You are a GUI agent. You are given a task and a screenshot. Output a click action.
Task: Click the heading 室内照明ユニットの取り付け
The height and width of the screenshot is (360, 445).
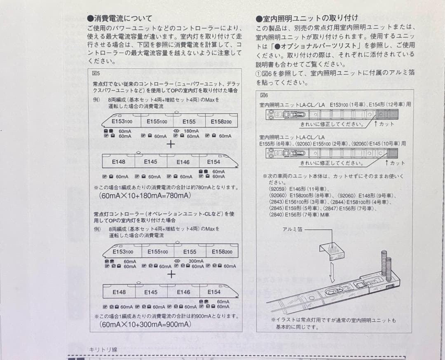307,19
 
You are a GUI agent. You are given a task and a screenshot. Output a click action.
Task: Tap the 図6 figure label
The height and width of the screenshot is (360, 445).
264,95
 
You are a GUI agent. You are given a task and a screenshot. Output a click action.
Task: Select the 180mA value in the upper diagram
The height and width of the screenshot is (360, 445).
191,131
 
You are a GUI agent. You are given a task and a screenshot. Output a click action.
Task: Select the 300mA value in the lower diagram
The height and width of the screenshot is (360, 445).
196,261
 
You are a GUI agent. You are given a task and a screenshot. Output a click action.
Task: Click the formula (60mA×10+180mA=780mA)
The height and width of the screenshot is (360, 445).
145,195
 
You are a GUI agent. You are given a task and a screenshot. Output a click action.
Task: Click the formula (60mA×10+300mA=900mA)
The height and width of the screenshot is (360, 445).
145,325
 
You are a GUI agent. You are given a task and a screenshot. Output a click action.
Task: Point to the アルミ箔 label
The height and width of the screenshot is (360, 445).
292,229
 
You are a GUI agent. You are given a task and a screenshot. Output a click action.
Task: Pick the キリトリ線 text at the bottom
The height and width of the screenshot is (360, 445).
103,350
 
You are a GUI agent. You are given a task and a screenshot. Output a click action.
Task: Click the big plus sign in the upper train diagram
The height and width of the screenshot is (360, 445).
171,144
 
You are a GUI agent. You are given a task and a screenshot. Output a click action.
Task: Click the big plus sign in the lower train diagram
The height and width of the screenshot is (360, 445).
171,274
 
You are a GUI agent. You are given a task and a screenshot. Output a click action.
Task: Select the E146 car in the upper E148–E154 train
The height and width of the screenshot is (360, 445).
183,162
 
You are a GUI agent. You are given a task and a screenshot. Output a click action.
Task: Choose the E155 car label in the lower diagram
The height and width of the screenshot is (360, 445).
190,252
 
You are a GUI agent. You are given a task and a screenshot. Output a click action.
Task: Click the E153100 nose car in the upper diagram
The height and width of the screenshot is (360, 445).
122,122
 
